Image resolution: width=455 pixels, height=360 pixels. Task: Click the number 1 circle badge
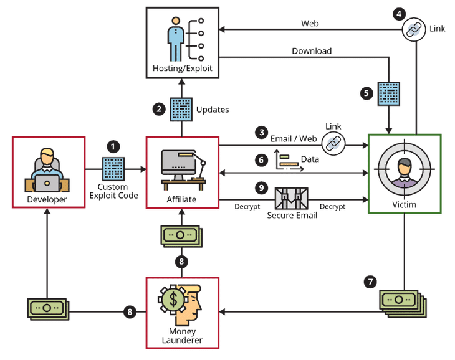113,146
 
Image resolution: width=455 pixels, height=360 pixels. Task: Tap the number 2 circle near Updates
159,109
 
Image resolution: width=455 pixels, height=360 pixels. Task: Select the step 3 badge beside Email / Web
262,133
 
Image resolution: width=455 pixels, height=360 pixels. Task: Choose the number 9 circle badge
262,187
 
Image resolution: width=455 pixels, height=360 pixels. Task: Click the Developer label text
47,199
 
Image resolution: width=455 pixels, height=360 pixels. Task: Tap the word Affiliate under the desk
181,199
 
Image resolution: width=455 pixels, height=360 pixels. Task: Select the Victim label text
405,204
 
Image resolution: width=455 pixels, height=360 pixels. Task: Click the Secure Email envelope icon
292,198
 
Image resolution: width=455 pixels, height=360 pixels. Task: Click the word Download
312,51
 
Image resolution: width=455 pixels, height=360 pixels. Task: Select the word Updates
213,110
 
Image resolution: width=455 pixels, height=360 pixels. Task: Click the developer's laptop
47,182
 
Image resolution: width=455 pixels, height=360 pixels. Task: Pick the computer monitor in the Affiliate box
178,163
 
